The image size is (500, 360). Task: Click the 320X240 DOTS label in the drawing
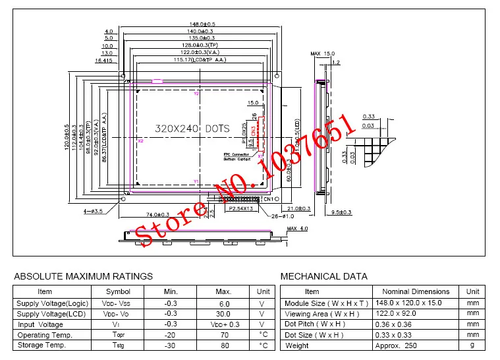point(192,129)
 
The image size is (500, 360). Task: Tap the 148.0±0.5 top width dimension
point(202,24)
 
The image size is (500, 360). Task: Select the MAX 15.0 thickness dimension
point(323,53)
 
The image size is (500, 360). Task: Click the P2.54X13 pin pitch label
point(240,208)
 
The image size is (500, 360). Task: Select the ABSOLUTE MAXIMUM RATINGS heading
point(83,276)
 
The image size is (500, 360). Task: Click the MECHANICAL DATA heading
point(323,276)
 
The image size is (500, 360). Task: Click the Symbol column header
point(119,291)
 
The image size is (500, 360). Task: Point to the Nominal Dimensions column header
point(416,291)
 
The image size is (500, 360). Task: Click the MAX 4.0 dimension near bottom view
point(298,229)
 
